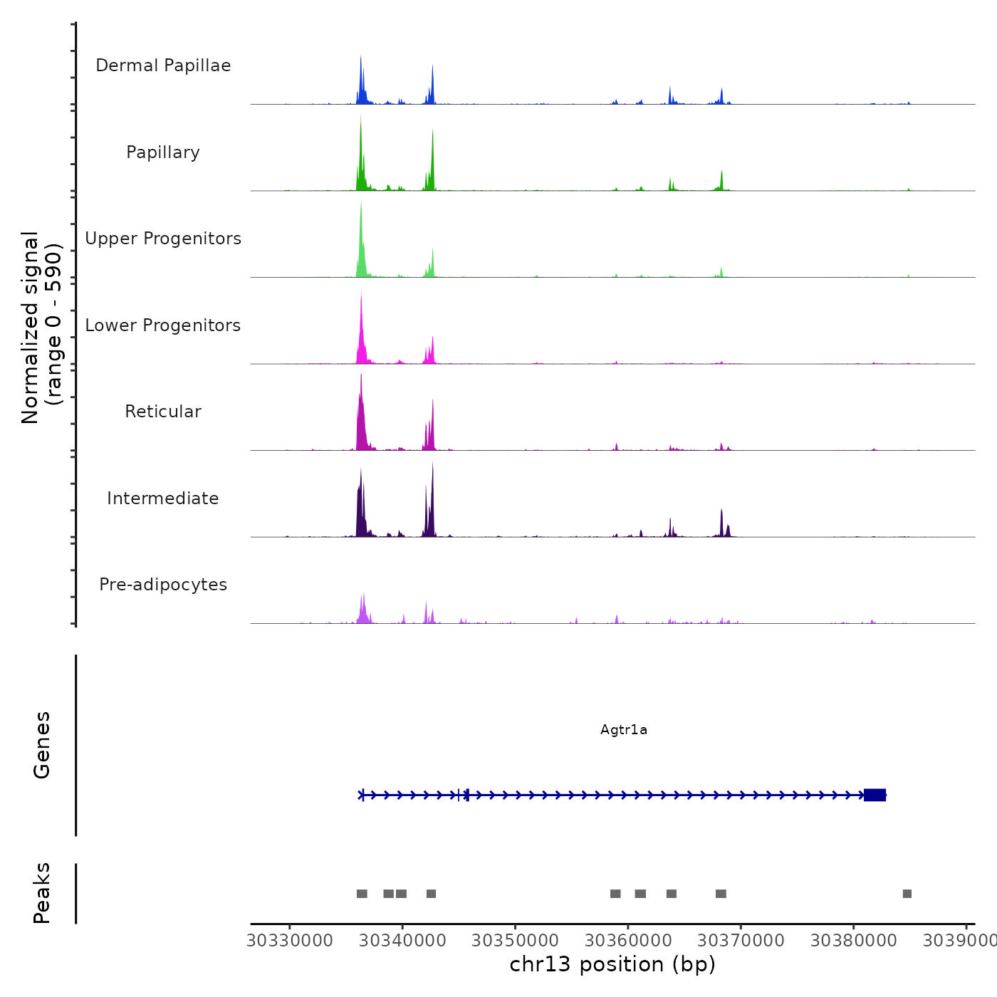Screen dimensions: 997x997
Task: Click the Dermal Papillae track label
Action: tap(163, 66)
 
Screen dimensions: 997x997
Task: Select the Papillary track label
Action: tap(163, 152)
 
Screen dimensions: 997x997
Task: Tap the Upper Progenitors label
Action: tap(163, 239)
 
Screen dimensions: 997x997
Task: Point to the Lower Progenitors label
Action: tap(163, 325)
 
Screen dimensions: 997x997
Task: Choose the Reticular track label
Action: tap(163, 412)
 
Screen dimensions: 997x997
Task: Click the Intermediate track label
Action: tap(163, 499)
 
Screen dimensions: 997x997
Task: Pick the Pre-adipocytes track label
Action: tap(163, 585)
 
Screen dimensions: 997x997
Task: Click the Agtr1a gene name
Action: tap(624, 729)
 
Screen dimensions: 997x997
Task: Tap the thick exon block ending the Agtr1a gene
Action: tap(875, 795)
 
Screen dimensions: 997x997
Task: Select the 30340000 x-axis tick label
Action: tap(402, 940)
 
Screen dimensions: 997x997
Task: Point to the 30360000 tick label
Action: tap(628, 940)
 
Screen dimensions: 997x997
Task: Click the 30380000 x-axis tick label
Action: tap(853, 940)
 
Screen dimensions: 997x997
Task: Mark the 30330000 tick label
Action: tap(290, 940)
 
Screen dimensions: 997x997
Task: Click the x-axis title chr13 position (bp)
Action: tap(612, 964)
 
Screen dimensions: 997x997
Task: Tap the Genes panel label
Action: tap(42, 745)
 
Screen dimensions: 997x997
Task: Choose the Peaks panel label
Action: tap(42, 893)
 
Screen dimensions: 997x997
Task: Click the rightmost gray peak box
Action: tap(907, 894)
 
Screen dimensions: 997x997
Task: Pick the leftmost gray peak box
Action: tap(362, 894)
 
